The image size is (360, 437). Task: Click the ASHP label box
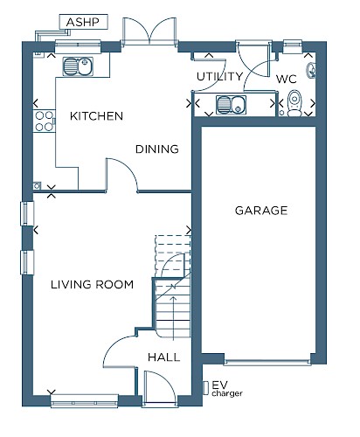84,22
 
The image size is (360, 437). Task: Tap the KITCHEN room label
96,116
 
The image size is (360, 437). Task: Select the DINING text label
157,149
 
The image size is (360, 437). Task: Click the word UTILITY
219,77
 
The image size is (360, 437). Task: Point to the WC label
287,79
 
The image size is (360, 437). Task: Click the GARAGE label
261,211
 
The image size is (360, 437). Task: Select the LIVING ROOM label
92,284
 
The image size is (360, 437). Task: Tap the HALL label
163,357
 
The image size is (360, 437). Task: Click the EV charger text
227,389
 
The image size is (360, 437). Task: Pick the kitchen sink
78,66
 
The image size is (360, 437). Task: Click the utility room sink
232,105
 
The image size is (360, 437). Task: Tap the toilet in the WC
294,103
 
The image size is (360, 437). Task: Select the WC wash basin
310,71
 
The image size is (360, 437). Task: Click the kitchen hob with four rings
45,121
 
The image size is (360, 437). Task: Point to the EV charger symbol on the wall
205,388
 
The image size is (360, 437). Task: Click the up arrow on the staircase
173,318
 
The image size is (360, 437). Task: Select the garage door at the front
267,363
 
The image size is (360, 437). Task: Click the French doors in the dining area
149,31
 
